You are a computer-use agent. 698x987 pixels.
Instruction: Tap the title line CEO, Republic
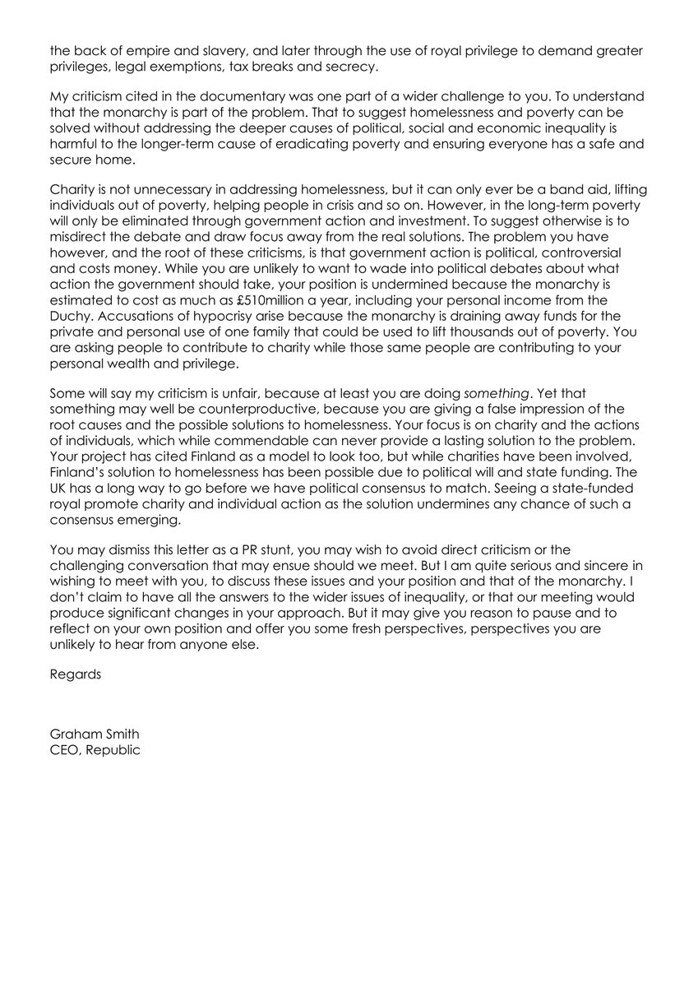[95, 750]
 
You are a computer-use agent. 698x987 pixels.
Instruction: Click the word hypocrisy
[234, 336]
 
